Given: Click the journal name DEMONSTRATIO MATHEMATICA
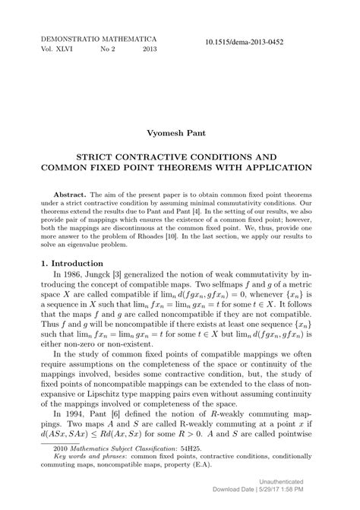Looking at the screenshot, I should [98, 36].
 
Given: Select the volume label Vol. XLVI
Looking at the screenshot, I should [56, 48].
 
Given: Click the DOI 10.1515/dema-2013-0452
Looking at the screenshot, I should [248, 43].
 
